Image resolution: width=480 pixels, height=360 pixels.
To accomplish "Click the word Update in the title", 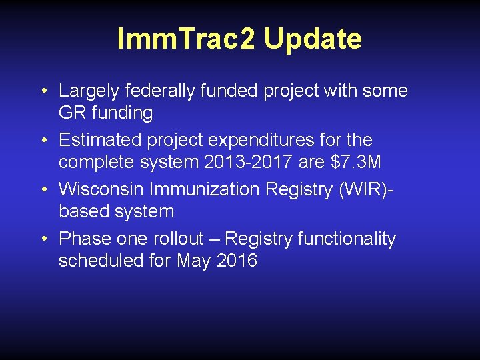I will (313, 39).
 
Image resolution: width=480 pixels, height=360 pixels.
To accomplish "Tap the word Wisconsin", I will (101, 190).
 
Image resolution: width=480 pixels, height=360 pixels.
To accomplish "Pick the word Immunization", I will (205, 190).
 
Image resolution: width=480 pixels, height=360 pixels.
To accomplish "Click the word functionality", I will (347, 239).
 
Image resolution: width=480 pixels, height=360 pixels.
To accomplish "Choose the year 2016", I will (237, 261).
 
